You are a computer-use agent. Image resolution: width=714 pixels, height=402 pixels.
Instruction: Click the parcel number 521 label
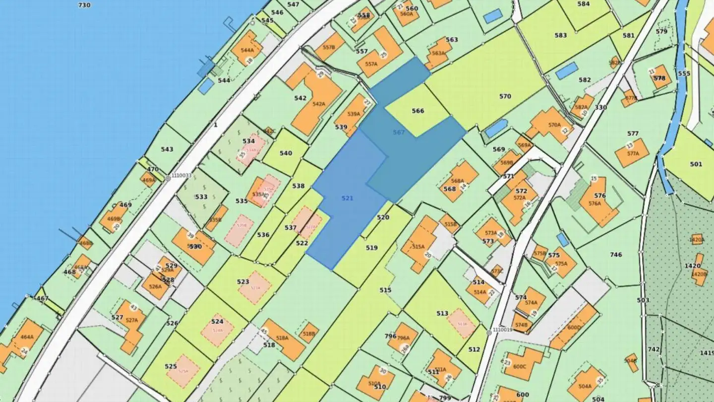click(348, 198)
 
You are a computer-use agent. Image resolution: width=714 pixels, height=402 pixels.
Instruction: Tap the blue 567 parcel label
click(399, 133)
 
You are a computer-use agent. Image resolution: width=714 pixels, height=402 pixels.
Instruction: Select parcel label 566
click(418, 111)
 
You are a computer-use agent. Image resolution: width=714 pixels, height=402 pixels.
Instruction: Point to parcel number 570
click(505, 96)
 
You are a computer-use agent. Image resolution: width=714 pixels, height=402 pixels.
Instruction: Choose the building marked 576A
click(597, 201)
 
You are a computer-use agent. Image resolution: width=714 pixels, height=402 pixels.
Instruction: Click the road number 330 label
click(600, 107)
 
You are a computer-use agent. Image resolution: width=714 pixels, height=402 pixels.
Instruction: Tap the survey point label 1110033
click(182, 176)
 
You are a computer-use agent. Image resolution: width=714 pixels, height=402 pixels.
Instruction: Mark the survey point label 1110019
click(502, 330)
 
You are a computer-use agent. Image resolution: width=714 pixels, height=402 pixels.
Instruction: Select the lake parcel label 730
click(84, 5)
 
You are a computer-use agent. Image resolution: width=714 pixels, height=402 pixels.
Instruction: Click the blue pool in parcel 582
click(566, 71)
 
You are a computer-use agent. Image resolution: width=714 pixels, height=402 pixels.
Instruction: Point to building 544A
click(246, 48)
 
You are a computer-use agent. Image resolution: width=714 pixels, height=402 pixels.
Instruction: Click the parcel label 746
click(616, 255)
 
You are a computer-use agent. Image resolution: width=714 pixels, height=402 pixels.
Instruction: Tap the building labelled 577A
click(632, 152)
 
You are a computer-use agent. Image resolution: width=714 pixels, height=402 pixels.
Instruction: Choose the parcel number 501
click(696, 164)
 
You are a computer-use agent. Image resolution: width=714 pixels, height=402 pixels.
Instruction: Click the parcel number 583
click(561, 35)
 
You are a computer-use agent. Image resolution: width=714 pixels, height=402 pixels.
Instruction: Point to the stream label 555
click(684, 73)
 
